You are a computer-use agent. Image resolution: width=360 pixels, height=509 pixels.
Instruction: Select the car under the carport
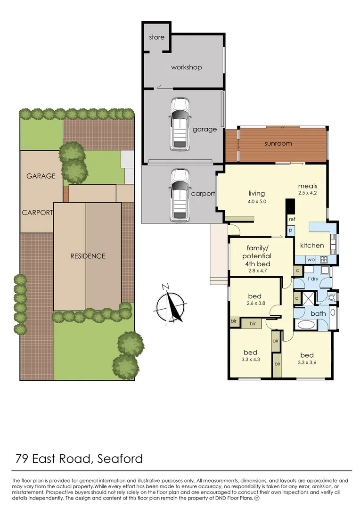pyautogui.click(x=180, y=195)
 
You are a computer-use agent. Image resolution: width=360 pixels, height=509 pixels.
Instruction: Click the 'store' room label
pyautogui.click(x=156, y=37)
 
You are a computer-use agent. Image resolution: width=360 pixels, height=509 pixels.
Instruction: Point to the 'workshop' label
pyautogui.click(x=186, y=67)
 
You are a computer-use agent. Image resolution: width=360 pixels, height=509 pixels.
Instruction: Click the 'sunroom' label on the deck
pyautogui.click(x=278, y=143)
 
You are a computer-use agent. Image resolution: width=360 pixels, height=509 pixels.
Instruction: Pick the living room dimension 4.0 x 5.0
pyautogui.click(x=256, y=201)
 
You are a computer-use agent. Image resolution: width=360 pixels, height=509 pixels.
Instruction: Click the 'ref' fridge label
pyautogui.click(x=292, y=219)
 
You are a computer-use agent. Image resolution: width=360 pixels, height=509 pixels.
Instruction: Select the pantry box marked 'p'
pyautogui.click(x=291, y=230)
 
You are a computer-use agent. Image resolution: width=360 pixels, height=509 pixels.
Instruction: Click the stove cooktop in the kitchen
pyautogui.click(x=324, y=259)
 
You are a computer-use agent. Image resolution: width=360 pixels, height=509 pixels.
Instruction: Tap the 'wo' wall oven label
pyautogui.click(x=311, y=259)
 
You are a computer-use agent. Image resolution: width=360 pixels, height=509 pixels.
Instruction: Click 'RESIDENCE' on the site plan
pyautogui.click(x=88, y=256)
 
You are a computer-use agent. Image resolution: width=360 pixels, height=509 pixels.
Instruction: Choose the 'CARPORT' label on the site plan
pyautogui.click(x=37, y=213)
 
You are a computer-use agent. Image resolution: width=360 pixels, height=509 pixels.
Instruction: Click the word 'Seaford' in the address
pyautogui.click(x=121, y=458)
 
